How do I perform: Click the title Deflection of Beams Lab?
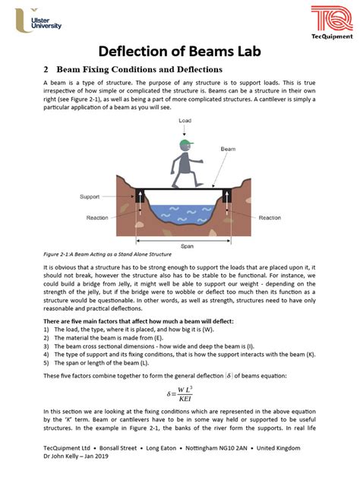pyautogui.click(x=179, y=52)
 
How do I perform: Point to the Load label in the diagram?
pyautogui.click(x=185, y=121)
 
